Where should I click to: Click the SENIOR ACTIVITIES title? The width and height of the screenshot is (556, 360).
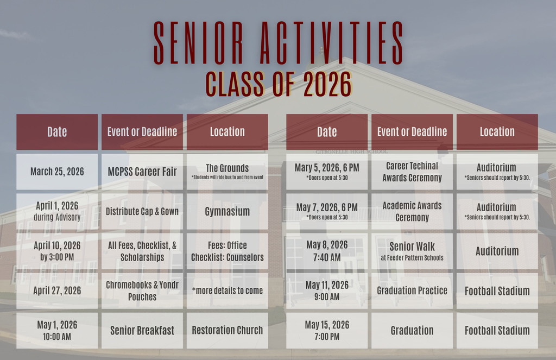coord(278,43)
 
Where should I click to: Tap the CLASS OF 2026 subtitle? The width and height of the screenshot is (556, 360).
coord(278,84)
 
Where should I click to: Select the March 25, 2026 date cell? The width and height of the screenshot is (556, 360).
coord(57,172)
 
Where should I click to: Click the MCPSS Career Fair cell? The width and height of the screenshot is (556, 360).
coord(142,172)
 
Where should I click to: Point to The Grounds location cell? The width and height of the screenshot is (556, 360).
coord(227,172)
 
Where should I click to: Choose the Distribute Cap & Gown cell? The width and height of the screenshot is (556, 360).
coord(142,211)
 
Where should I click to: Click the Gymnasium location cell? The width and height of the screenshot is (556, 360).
coord(227,211)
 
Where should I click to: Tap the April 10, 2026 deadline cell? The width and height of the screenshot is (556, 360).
coord(57,251)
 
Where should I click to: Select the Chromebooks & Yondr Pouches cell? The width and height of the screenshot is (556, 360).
coord(142,290)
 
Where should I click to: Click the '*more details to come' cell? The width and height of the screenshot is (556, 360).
coord(227,290)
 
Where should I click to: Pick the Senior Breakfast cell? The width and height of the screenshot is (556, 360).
coord(142,330)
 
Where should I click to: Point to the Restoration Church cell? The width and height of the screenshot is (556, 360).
coord(227,330)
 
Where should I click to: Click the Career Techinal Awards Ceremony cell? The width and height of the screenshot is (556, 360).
coord(412,172)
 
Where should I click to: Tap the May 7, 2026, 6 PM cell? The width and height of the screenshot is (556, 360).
coord(327,211)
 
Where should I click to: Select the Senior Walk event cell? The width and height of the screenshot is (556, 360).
coord(412,251)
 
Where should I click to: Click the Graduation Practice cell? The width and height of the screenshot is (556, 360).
coord(412,290)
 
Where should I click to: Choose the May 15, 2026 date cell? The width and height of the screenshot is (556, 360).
coord(327,330)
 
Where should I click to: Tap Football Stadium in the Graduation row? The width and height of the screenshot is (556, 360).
coord(497,330)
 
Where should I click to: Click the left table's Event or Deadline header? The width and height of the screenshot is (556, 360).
coord(142,132)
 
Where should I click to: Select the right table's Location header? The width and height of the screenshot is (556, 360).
coord(497,132)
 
